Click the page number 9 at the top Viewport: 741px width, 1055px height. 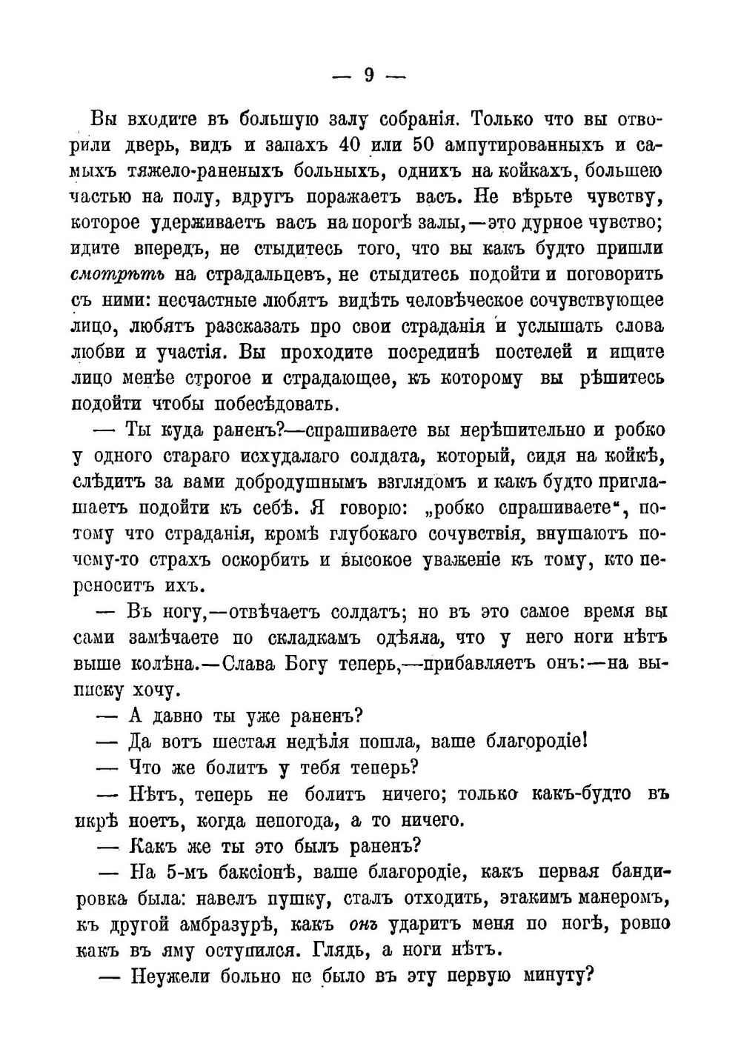[x=368, y=74]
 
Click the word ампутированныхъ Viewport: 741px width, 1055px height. [x=527, y=145]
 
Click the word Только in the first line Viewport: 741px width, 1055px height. [x=503, y=119]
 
